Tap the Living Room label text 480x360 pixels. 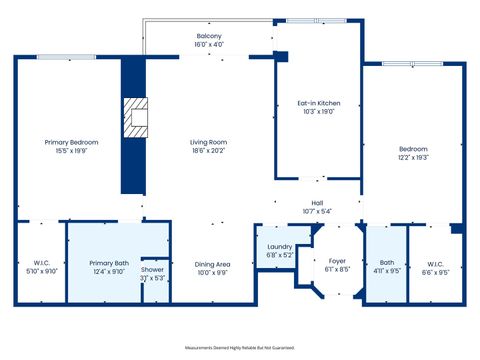point(209,142)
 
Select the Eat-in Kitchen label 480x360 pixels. point(318,103)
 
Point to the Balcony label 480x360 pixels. point(209,35)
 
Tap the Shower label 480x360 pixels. point(152,270)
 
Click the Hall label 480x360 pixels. point(311,202)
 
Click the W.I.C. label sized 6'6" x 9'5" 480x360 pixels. point(436,261)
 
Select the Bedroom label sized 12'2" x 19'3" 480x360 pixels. point(413,149)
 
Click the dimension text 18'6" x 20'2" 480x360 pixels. point(209,151)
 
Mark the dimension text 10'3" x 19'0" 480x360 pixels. point(318,112)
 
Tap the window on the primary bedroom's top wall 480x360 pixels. point(66,57)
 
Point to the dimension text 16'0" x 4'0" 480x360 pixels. point(209,44)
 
